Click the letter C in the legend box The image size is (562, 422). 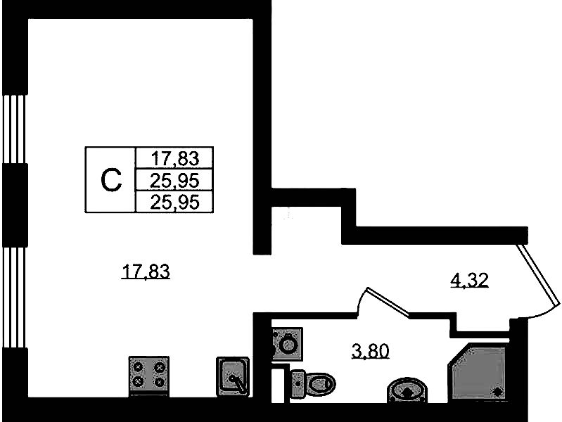[x=110, y=180]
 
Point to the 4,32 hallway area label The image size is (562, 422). [x=468, y=281]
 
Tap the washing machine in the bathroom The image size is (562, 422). [x=286, y=345]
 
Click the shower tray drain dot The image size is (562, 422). [x=497, y=392]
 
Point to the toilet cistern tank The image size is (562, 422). [x=295, y=383]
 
